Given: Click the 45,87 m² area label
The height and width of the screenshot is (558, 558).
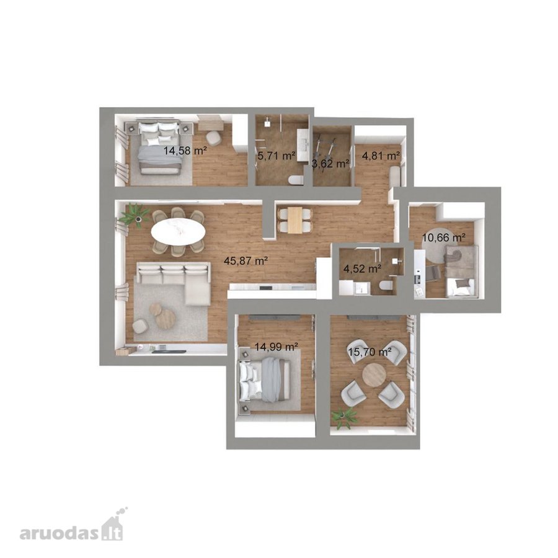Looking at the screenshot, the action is pyautogui.click(x=246, y=261).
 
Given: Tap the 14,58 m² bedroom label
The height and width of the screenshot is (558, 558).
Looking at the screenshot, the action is pyautogui.click(x=185, y=151).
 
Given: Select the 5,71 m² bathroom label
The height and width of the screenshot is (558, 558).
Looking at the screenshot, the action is pyautogui.click(x=277, y=156).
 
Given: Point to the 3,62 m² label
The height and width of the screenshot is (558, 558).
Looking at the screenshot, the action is pyautogui.click(x=330, y=164).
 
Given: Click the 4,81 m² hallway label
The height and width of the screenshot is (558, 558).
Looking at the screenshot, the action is pyautogui.click(x=381, y=156).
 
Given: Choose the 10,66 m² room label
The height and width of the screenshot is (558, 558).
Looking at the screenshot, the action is pyautogui.click(x=445, y=237).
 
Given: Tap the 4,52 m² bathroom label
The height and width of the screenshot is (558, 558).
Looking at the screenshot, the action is pyautogui.click(x=363, y=268).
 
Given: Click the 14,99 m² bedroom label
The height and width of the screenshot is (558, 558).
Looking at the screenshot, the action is pyautogui.click(x=277, y=346).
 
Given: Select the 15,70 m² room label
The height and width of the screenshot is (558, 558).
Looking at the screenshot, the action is pyautogui.click(x=370, y=352).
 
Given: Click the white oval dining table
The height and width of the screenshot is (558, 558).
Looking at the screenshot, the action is pyautogui.click(x=178, y=232).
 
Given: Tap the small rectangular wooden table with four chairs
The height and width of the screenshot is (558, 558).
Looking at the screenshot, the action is pyautogui.click(x=295, y=220).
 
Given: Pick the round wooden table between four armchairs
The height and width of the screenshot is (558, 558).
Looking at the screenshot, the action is pyautogui.click(x=374, y=374).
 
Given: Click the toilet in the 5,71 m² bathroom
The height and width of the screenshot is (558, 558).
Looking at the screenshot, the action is pyautogui.click(x=296, y=180).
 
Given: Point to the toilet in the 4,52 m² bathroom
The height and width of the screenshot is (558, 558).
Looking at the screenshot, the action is pyautogui.click(x=386, y=286).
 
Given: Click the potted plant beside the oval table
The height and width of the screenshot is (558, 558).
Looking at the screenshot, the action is pyautogui.click(x=135, y=214).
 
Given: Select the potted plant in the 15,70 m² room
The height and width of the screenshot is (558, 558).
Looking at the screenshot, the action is pyautogui.click(x=343, y=417).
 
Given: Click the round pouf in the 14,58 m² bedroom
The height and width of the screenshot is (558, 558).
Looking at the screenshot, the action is pyautogui.click(x=213, y=138).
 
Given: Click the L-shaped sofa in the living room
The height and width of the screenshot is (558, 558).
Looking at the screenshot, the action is pyautogui.click(x=174, y=282).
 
